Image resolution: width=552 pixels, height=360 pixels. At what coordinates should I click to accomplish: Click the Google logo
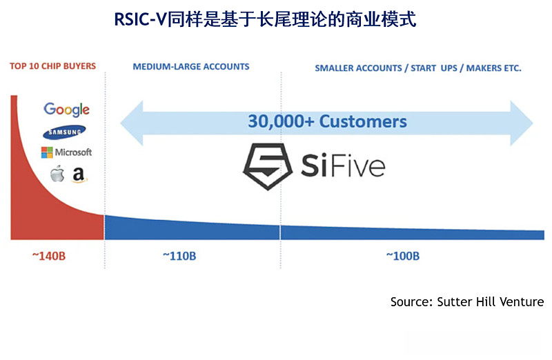(66, 110)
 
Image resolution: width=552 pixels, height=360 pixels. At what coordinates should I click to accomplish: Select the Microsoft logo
(66, 152)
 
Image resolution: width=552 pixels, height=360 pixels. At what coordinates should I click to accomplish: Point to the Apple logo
(57, 174)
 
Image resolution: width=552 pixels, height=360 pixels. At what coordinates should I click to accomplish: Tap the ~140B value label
(48, 256)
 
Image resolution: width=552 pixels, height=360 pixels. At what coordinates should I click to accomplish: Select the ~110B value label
(179, 256)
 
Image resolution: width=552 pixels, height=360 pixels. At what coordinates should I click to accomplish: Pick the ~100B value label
(403, 256)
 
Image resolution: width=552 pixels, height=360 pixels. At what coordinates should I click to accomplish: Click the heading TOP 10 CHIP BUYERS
(52, 67)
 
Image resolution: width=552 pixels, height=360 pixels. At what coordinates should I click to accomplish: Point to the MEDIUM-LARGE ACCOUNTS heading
(191, 67)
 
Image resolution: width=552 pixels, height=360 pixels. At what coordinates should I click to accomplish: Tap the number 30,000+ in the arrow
(279, 122)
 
